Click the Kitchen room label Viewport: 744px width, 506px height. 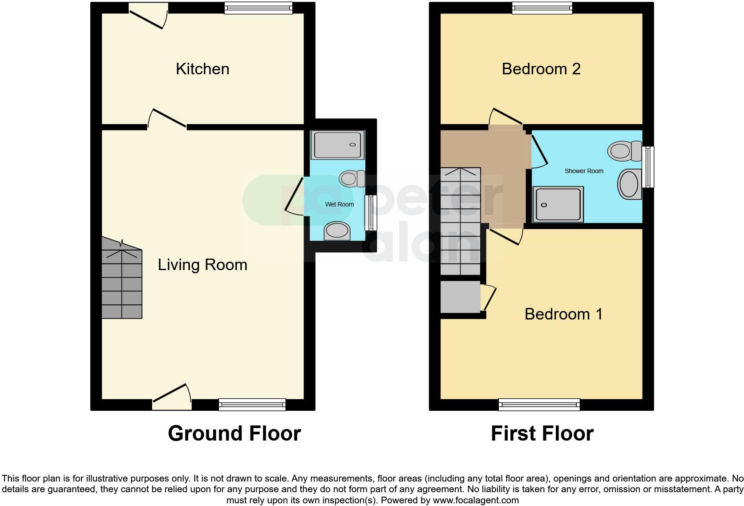[202, 69]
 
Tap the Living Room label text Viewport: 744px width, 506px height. [202, 265]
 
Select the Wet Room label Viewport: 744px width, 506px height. [340, 204]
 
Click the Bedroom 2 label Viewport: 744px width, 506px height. [541, 69]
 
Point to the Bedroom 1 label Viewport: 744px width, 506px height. [563, 314]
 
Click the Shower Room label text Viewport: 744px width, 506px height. [584, 171]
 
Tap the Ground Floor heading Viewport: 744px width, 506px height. [234, 433]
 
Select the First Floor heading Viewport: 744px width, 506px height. [542, 433]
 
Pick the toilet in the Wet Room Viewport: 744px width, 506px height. [351, 179]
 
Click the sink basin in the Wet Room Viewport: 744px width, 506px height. [337, 231]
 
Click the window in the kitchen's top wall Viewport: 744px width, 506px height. [259, 8]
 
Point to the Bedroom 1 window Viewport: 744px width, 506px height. [539, 405]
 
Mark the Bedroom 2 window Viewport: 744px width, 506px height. [542, 8]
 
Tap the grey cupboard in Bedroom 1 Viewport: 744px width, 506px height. [461, 296]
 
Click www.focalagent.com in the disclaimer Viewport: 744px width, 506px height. [476, 500]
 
